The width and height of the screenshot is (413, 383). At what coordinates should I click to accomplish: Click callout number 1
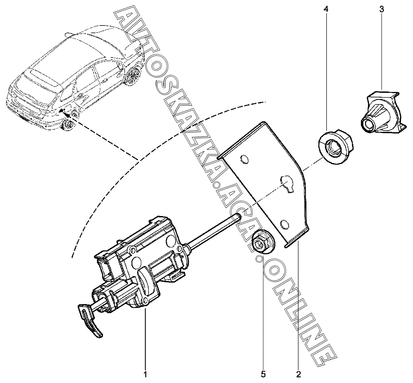(145, 374)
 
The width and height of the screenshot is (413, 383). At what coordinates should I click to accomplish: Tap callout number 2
(298, 374)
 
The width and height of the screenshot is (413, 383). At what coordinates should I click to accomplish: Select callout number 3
(382, 9)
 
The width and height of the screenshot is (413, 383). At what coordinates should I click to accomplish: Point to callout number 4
(326, 9)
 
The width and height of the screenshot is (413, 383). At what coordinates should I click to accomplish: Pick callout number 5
(263, 374)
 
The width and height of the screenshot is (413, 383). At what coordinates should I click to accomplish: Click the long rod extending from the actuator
(212, 232)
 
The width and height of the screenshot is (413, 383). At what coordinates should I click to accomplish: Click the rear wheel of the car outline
(69, 124)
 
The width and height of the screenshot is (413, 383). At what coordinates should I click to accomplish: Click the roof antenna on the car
(68, 34)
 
